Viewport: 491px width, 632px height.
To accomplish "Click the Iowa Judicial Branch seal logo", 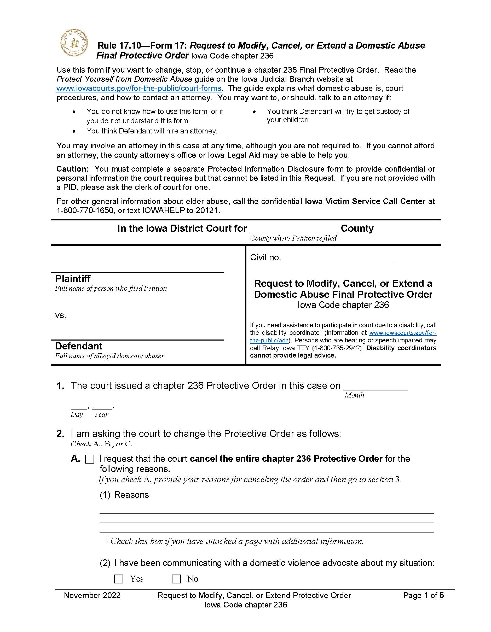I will (x=74, y=43).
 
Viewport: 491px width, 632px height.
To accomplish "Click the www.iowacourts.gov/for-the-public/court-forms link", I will (x=139, y=88).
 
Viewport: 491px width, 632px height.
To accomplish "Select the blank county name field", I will (x=294, y=229).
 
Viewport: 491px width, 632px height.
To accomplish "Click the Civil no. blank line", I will (x=338, y=258).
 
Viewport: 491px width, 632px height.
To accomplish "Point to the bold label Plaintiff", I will (x=73, y=279).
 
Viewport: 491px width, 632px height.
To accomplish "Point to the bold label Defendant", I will (x=78, y=346).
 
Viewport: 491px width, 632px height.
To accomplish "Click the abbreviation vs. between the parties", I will (x=61, y=315).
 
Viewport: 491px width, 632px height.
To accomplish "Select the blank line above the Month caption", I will (x=375, y=387).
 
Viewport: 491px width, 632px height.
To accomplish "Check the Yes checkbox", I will (x=119, y=579).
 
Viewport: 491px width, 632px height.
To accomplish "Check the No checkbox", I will (x=176, y=579).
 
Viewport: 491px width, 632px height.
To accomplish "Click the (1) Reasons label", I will (x=124, y=495).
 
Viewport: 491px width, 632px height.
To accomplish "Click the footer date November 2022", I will (x=92, y=595).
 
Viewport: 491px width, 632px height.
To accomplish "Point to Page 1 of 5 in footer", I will (x=423, y=595).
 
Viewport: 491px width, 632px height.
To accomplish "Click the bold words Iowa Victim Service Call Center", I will (x=365, y=201).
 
